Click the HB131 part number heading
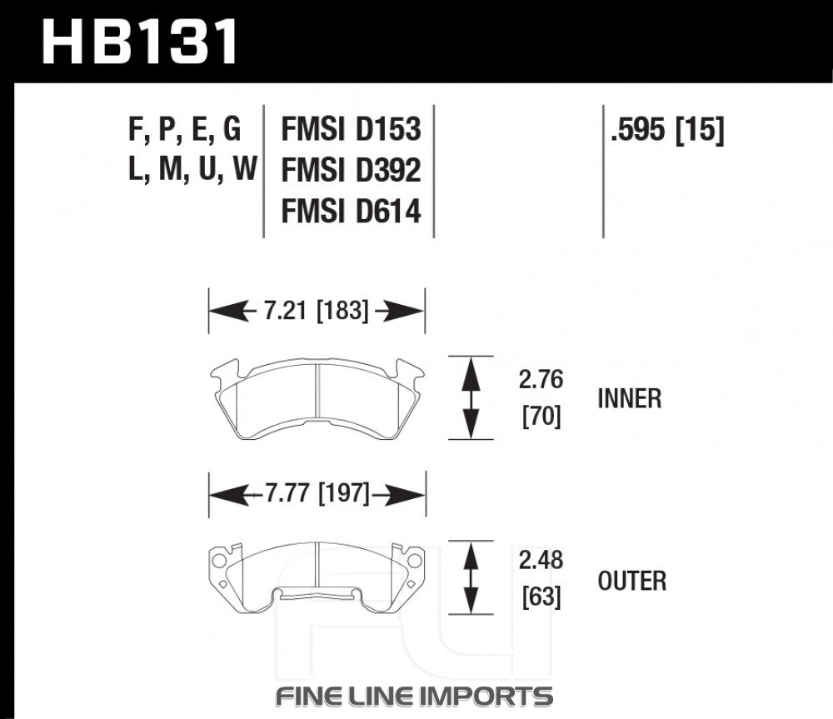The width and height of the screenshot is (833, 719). [x=140, y=42]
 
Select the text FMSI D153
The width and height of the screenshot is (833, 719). [x=352, y=129]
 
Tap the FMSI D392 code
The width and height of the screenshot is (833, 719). [x=352, y=170]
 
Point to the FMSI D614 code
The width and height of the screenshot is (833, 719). [x=352, y=211]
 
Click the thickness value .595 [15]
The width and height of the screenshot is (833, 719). [x=667, y=129]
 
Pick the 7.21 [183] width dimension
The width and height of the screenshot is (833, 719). [x=316, y=310]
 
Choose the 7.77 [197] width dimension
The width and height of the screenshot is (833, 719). [x=317, y=494]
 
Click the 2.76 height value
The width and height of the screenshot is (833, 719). [x=541, y=379]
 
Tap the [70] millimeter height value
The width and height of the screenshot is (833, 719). [x=541, y=416]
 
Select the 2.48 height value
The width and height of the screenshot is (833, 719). [x=541, y=560]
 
